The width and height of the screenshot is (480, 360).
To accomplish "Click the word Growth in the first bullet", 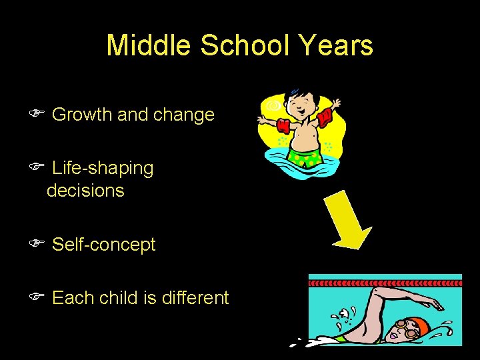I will pos(82,115).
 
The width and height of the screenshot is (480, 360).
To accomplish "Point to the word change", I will pos(184,115).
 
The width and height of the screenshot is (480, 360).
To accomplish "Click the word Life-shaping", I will pos(103,169).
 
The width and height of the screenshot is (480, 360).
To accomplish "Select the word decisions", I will pos(85,191).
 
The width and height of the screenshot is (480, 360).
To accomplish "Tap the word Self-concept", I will pos(103,245).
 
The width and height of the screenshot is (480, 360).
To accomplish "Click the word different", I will pos(195,297).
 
